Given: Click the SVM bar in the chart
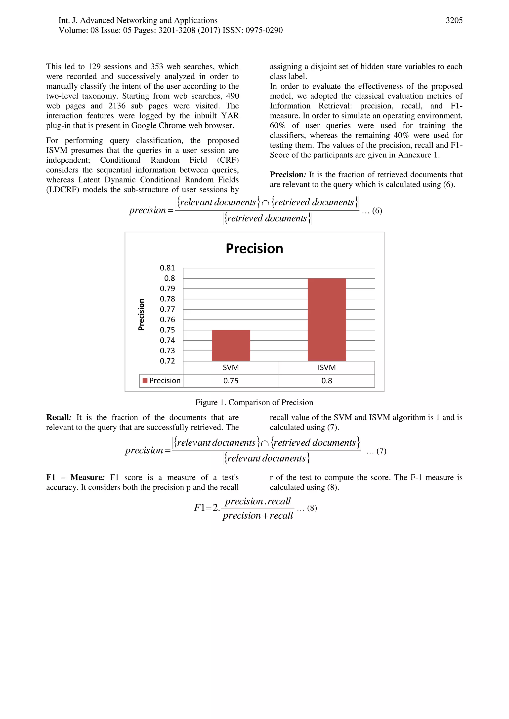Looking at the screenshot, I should tap(231, 345).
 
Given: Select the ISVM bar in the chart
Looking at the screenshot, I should tap(327, 320).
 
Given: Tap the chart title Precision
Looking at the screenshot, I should tap(254, 249).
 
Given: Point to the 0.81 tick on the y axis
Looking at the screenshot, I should tap(167, 268).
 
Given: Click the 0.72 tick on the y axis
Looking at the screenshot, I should tap(167, 361).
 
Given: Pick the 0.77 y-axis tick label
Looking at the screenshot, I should tap(167, 309).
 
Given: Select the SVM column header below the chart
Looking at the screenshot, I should tap(231, 368).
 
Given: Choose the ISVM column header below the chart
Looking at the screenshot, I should tap(327, 368).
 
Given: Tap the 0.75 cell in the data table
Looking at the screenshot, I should tap(231, 381).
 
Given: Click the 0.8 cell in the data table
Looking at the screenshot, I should tap(327, 381).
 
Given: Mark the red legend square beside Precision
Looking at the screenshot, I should tap(145, 381).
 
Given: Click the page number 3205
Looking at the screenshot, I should tap(454, 21).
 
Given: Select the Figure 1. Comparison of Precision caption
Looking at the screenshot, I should tap(254, 402).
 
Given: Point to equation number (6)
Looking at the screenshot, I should tap(377, 211).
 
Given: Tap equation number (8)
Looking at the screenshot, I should tap(312, 508).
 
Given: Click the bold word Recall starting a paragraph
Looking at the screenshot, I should tap(58, 417).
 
